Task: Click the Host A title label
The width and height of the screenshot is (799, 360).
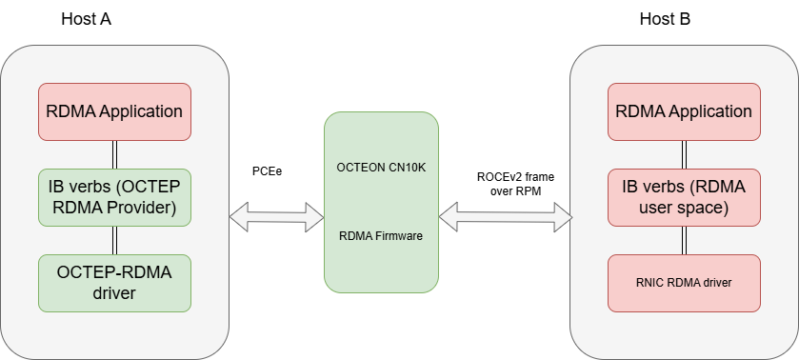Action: coord(87,19)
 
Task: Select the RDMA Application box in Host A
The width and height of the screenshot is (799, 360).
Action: coord(114,111)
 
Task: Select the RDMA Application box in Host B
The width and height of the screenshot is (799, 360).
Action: coord(684,111)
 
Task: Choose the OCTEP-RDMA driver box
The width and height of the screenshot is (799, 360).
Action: coord(114,282)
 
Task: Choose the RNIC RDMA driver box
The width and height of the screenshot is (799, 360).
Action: coord(684,283)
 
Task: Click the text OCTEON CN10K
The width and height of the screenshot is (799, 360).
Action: coord(382,167)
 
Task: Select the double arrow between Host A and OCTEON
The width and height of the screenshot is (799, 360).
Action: coord(276,219)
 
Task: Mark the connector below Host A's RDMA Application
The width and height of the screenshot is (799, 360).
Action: coord(114,153)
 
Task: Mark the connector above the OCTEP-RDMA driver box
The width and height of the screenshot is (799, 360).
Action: coord(114,239)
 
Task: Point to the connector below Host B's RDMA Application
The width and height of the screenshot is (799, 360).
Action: coord(684,153)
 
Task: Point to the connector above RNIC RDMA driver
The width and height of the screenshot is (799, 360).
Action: coord(684,239)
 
